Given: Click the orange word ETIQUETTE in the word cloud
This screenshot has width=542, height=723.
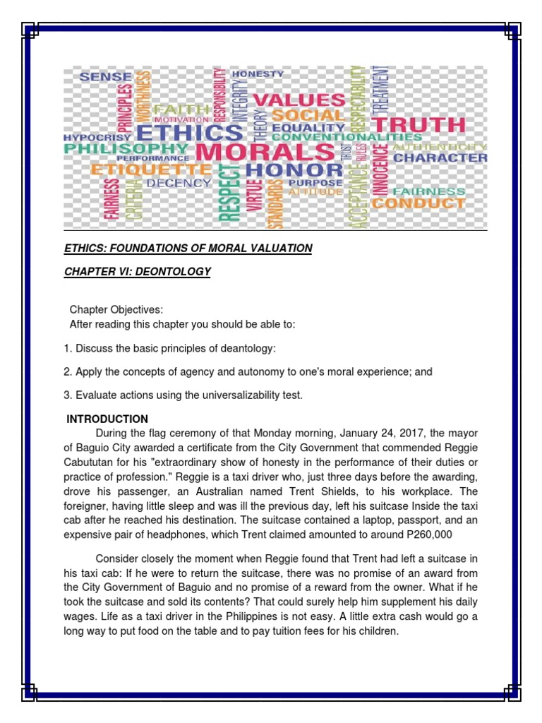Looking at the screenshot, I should point(151,170).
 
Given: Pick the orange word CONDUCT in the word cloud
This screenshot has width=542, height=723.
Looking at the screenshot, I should point(418,203).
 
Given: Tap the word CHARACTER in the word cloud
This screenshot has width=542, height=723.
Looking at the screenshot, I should point(440,157).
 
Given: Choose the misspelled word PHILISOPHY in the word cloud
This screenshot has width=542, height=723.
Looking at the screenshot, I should point(126,149).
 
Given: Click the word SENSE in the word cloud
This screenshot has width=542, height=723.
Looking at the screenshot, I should point(106,76).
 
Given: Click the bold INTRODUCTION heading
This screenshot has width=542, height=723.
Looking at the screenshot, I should point(107,419).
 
